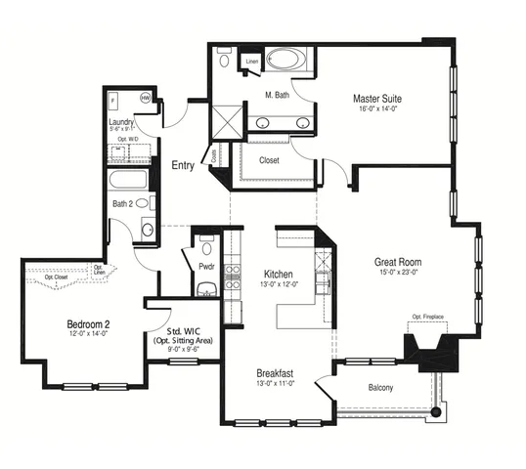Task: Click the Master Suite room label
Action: click(x=377, y=99)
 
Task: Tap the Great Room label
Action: click(x=397, y=261)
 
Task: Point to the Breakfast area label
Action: click(x=278, y=373)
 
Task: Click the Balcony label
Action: click(x=381, y=388)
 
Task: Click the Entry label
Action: click(x=183, y=165)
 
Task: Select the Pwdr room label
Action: click(x=206, y=265)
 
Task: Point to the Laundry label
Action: click(x=122, y=121)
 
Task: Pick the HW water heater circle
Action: click(x=145, y=99)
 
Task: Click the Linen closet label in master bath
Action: click(x=251, y=61)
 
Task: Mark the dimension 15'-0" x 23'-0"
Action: click(x=397, y=273)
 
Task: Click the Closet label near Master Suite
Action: click(x=270, y=160)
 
